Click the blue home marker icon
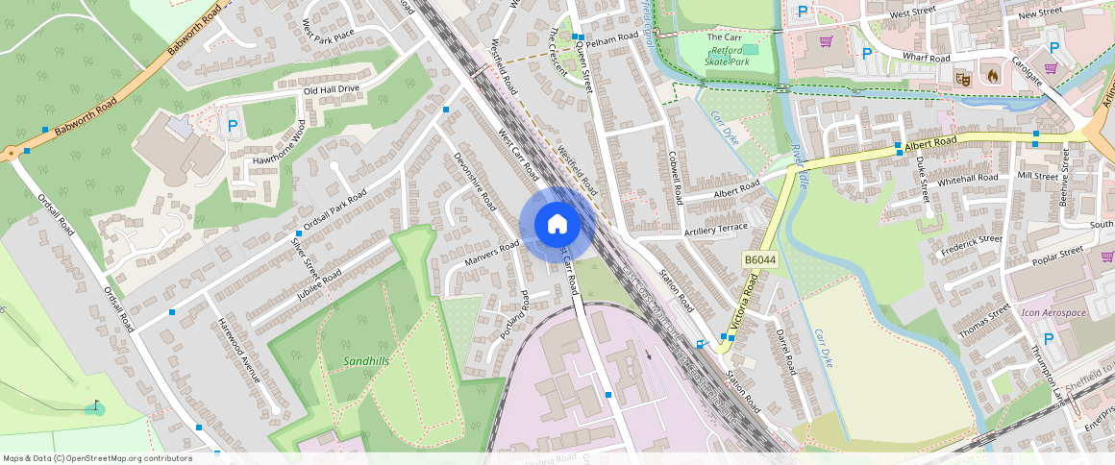pyautogui.click(x=557, y=224)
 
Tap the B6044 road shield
pyautogui.click(x=759, y=259)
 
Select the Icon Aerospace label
pyautogui.click(x=1053, y=313)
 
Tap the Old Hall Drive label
pyautogui.click(x=331, y=89)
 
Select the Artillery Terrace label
pyautogui.click(x=715, y=229)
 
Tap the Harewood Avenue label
pyautogui.click(x=239, y=350)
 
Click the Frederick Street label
pyautogui.click(x=971, y=245)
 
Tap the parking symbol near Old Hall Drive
pyautogui.click(x=231, y=125)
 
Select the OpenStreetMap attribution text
pyautogui.click(x=98, y=458)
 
